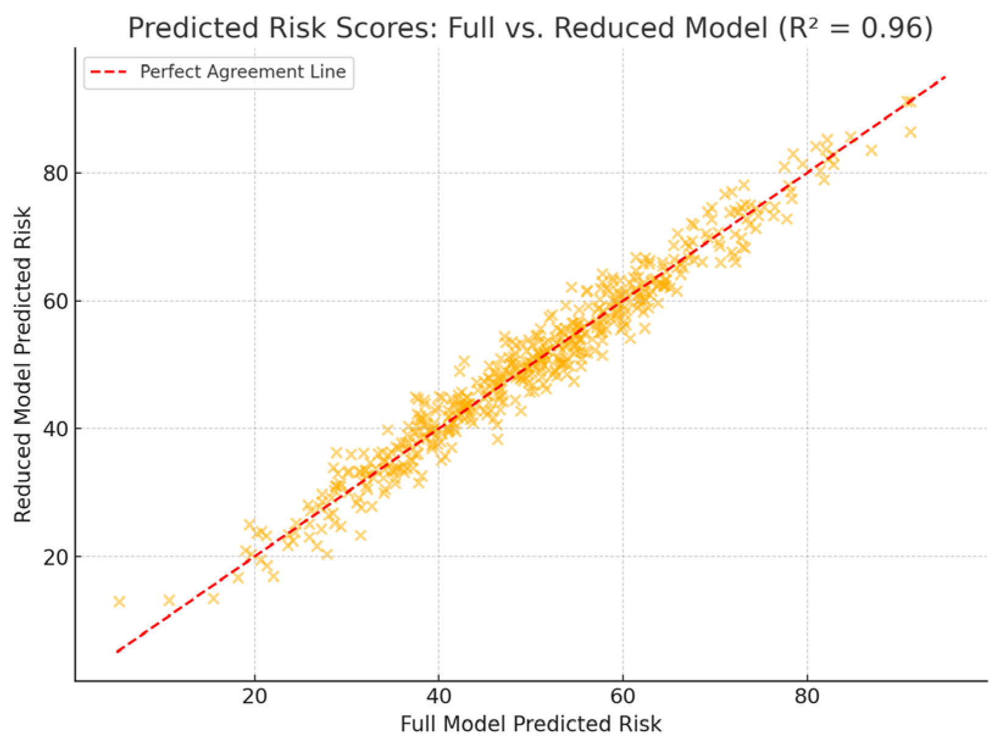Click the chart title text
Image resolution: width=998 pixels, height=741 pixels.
coord(530,28)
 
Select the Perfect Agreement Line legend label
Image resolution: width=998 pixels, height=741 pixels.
coord(243,72)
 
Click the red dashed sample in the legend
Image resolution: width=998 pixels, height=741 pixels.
coord(109,72)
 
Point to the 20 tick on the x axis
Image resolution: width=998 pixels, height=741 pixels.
coord(254,696)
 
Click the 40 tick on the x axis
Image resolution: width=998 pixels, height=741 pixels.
coord(439,696)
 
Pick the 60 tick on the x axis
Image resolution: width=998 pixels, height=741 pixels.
coord(623,696)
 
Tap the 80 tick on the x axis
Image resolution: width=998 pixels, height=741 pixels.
coord(807,696)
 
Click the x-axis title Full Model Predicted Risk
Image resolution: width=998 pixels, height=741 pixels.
coord(531,724)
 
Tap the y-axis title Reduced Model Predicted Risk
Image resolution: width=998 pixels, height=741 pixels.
coord(23,365)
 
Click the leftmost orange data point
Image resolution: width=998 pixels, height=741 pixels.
coord(119,602)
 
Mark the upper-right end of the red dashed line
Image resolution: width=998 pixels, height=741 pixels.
coord(945,77)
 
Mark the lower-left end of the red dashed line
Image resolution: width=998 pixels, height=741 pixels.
coord(117,652)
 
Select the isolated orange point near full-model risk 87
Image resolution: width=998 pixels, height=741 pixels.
coord(871,150)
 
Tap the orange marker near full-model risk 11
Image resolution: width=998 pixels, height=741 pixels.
coord(169,600)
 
